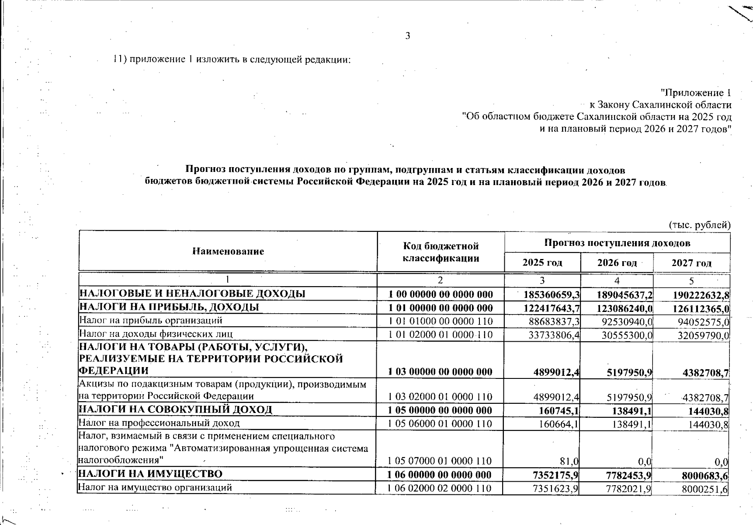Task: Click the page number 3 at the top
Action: pos(407,36)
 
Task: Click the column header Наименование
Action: pos(228,252)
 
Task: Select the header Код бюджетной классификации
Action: pos(441,252)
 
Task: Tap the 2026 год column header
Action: pos(617,263)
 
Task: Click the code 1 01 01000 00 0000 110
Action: pos(441,322)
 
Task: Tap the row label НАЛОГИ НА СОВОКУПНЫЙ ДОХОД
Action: pos(175,410)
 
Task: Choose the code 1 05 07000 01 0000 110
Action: pos(441,461)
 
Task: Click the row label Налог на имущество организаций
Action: pos(155,487)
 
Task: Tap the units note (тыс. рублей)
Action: pos(699,225)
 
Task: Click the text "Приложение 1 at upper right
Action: pos(695,93)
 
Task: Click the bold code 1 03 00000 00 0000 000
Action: pos(441,372)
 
